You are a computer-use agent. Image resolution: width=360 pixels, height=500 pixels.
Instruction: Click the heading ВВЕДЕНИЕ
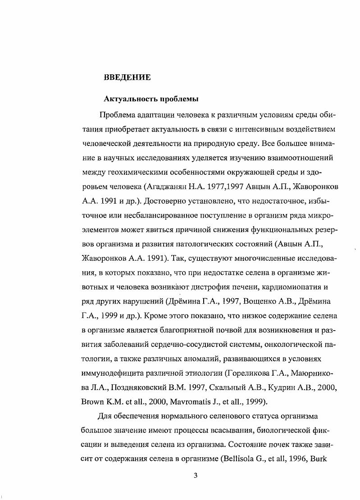tap(127, 77)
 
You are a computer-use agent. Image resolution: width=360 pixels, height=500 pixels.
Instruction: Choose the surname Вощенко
tap(251, 301)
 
